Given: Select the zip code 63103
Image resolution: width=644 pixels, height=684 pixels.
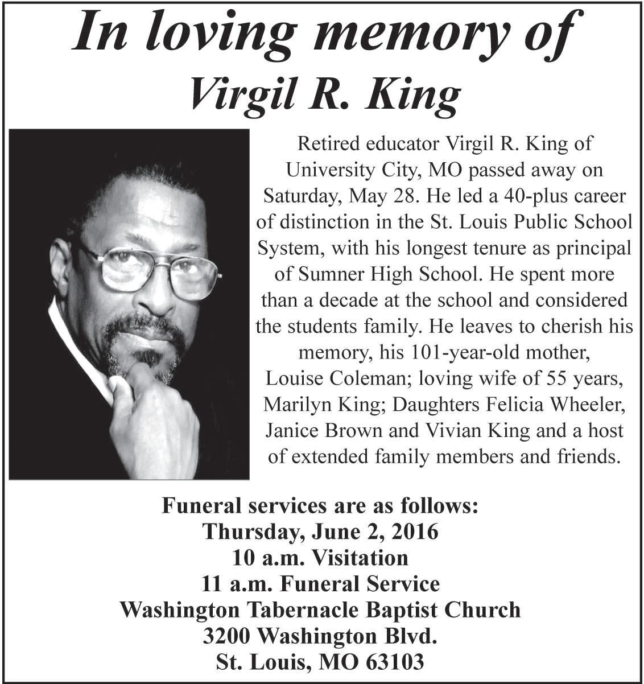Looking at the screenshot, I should tap(395, 662).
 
